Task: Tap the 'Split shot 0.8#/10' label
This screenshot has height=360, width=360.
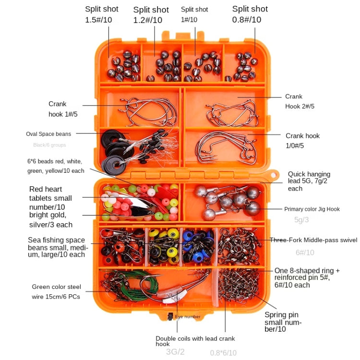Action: pyautogui.click(x=250, y=14)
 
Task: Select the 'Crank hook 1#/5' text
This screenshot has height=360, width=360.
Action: pyautogui.click(x=57, y=109)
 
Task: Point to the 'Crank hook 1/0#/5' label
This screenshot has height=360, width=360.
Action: pyautogui.click(x=302, y=141)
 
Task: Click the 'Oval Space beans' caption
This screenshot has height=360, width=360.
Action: pyautogui.click(x=48, y=134)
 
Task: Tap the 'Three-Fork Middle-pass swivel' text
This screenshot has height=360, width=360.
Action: pyautogui.click(x=313, y=240)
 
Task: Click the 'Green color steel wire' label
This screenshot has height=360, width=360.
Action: pyautogui.click(x=56, y=292)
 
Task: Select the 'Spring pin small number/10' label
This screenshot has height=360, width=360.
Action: pyautogui.click(x=283, y=322)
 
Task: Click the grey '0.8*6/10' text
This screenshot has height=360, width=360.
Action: pyautogui.click(x=223, y=353)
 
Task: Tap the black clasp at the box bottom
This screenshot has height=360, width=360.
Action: pyautogui.click(x=170, y=316)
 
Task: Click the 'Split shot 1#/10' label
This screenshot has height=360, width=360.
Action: pyautogui.click(x=194, y=14)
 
